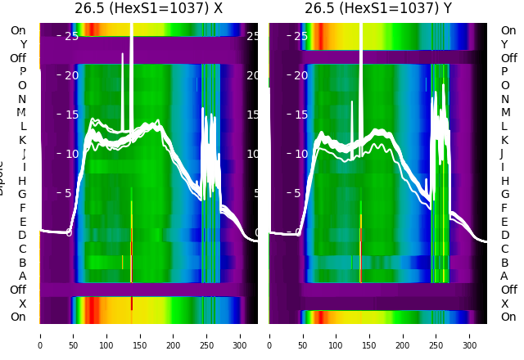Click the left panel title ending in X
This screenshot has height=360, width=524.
[148, 9]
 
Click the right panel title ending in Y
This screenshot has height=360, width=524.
[378, 9]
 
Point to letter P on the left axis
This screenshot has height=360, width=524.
[22, 72]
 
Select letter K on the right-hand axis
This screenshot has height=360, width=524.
[504, 140]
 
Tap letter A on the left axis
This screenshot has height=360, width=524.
[22, 277]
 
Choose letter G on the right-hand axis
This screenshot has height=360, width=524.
[504, 195]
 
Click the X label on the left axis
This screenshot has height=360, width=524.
[22, 304]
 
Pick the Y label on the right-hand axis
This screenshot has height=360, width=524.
[504, 44]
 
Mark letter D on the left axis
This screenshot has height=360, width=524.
[22, 236]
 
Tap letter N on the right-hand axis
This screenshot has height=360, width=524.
[504, 99]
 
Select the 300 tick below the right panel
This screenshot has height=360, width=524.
[470, 335]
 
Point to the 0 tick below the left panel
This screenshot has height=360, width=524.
[39, 335]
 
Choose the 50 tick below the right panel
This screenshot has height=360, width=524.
[303, 335]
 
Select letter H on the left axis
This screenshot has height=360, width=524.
[22, 181]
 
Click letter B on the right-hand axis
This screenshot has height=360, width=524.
[504, 263]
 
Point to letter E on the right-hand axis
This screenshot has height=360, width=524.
[504, 222]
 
